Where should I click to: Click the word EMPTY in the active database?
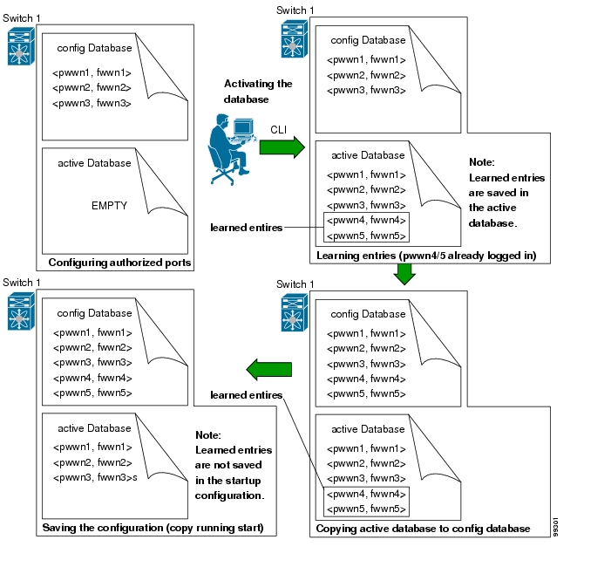(x=109, y=206)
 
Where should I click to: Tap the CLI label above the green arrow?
(x=278, y=130)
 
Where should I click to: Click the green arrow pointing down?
(x=404, y=273)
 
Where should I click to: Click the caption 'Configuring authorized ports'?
(x=119, y=263)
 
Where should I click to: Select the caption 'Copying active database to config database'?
(x=422, y=528)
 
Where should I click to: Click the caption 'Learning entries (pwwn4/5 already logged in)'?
(x=426, y=256)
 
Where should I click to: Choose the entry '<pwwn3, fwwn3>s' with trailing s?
(x=95, y=477)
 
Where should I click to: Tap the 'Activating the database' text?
(x=258, y=92)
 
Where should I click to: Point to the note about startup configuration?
(x=233, y=465)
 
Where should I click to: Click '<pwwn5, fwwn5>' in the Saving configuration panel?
(x=92, y=393)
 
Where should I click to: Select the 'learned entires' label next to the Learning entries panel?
(x=247, y=228)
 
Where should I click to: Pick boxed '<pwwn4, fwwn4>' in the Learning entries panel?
(x=366, y=221)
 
